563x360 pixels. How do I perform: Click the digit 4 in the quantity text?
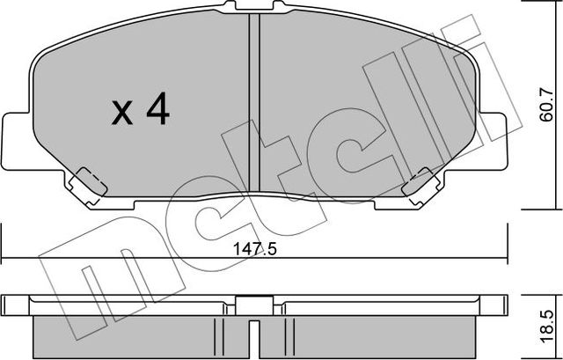[x=157, y=110]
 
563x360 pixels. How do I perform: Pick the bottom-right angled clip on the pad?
[x=420, y=182]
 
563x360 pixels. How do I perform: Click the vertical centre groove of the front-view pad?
[x=254, y=106]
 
